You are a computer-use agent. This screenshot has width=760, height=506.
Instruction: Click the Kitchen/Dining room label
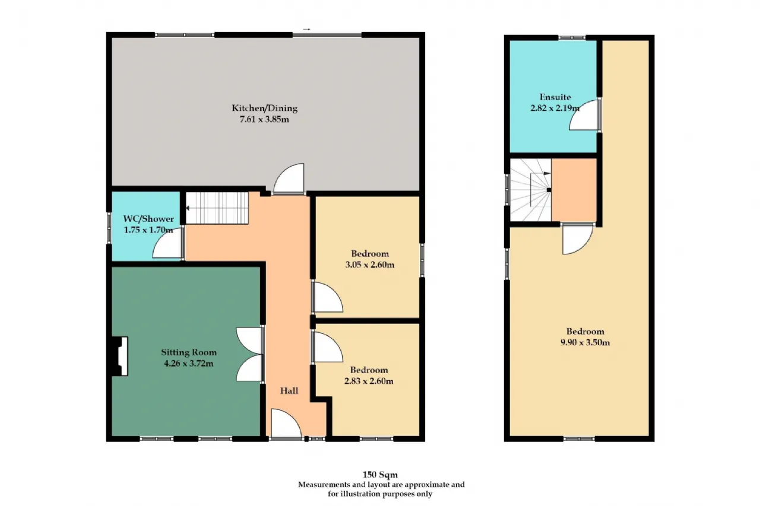pyautogui.click(x=264, y=108)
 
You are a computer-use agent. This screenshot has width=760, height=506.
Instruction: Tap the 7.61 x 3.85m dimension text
pyautogui.click(x=264, y=119)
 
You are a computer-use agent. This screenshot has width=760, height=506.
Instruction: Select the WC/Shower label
pyautogui.click(x=148, y=219)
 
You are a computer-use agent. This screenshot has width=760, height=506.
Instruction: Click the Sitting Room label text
pyautogui.click(x=189, y=352)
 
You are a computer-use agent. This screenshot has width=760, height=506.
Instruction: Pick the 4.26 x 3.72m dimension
pyautogui.click(x=189, y=363)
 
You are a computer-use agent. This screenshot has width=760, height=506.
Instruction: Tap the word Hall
pyautogui.click(x=289, y=391)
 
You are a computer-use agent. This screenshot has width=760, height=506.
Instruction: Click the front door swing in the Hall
pyautogui.click(x=286, y=424)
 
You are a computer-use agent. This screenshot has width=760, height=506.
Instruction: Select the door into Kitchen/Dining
pyautogui.click(x=289, y=179)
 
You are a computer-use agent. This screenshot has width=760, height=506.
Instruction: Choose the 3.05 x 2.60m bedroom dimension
pyautogui.click(x=370, y=265)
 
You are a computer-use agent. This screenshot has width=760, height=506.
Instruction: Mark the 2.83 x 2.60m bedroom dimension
pyautogui.click(x=369, y=381)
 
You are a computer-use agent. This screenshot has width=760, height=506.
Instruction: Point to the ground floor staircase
pyautogui.click(x=217, y=208)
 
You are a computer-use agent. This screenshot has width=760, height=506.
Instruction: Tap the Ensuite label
pyautogui.click(x=555, y=97)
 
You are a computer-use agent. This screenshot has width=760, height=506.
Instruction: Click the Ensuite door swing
pyautogui.click(x=585, y=115)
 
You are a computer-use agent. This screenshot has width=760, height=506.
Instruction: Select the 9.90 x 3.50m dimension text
pyautogui.click(x=585, y=342)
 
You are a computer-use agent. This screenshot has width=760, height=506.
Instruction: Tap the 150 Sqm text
pyautogui.click(x=380, y=475)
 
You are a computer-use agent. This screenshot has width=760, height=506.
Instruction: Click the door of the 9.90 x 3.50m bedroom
pyautogui.click(x=578, y=239)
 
